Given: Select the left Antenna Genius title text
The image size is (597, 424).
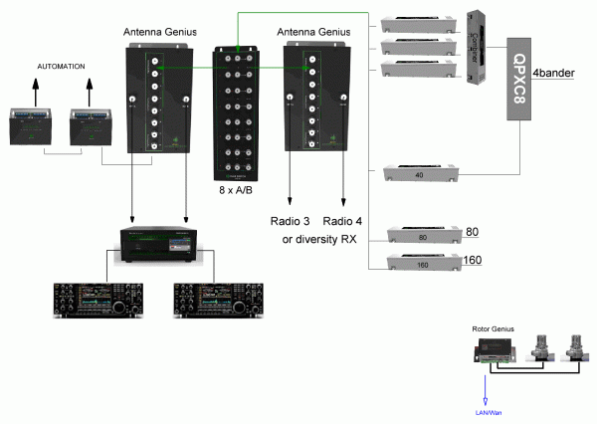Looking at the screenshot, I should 158,31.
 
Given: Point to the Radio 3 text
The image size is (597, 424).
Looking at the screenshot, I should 292,220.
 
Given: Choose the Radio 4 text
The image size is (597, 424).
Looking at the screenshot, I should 344,220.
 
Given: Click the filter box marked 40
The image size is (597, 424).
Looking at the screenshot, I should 417,175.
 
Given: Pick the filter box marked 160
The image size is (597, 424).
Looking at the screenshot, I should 422,264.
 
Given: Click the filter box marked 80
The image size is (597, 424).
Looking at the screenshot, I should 422,236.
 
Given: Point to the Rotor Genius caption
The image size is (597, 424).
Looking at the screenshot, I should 495,326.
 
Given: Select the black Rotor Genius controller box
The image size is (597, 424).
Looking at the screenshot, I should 495,348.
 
